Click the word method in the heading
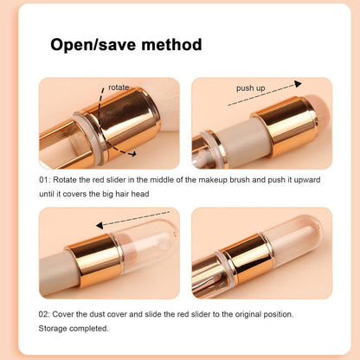[x=170, y=45]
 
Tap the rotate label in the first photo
[x=119, y=87]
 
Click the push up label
[x=251, y=88]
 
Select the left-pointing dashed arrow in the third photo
[x=134, y=223]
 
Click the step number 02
[x=43, y=312]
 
